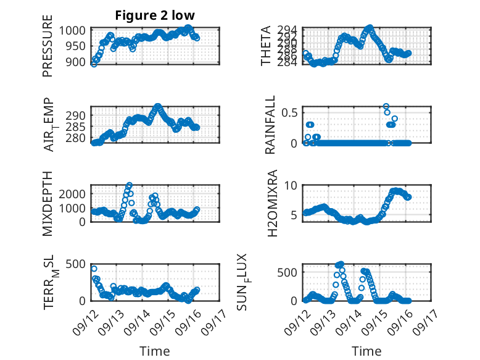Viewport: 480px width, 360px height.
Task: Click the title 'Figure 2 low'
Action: coord(154,15)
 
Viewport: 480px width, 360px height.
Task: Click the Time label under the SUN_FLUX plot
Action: coord(366,351)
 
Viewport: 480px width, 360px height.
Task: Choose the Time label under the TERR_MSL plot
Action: coord(154,351)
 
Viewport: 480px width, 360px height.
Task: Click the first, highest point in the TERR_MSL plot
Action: coord(94,269)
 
